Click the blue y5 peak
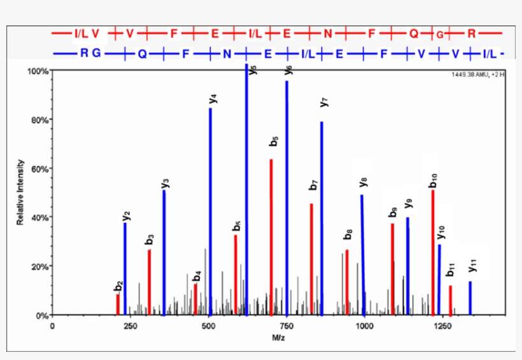tap(246, 191)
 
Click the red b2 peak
tap(118, 305)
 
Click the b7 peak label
tap(313, 185)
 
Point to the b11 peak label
tap(451, 270)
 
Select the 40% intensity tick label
tap(40, 217)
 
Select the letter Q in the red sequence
tap(414, 32)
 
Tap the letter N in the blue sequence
tap(227, 54)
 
